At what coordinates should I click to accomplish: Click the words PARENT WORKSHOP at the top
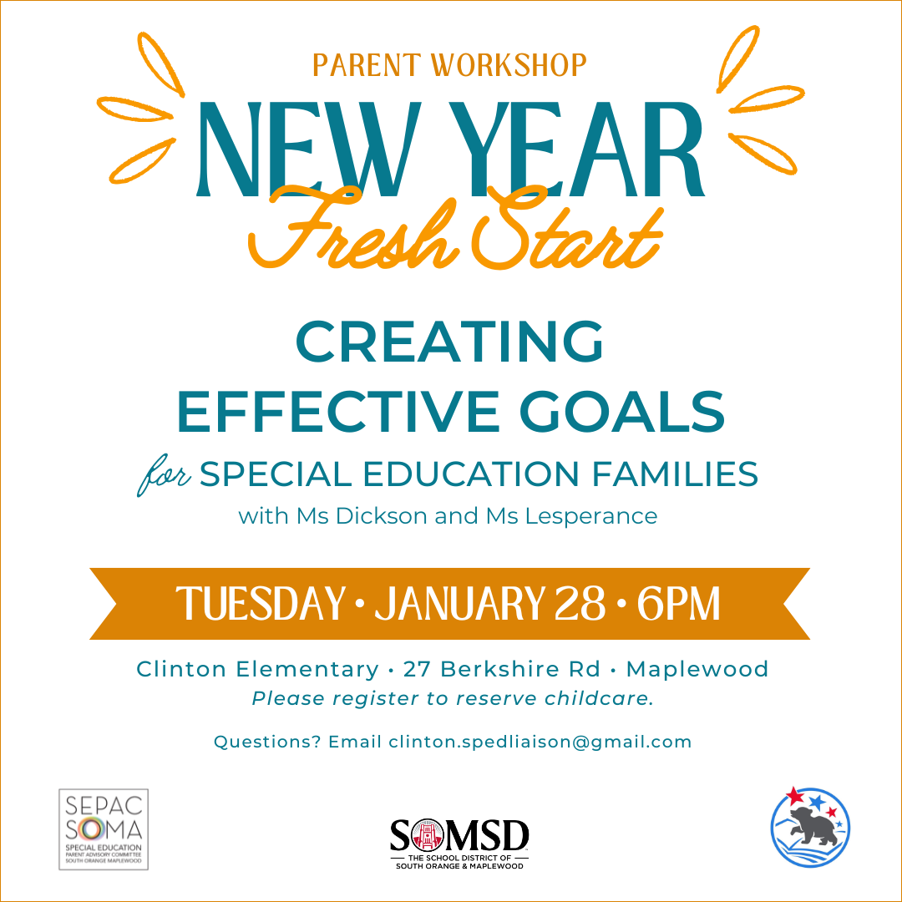coord(449,65)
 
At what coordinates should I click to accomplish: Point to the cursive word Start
coord(568,228)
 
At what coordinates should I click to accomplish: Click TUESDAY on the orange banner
coord(260,604)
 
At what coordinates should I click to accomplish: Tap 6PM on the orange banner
coord(677,604)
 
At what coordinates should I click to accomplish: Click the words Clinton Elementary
coord(257,669)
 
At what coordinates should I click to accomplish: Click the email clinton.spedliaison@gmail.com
coord(540,742)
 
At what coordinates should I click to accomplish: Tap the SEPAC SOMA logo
coord(104,829)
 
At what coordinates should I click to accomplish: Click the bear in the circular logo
coord(813,827)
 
